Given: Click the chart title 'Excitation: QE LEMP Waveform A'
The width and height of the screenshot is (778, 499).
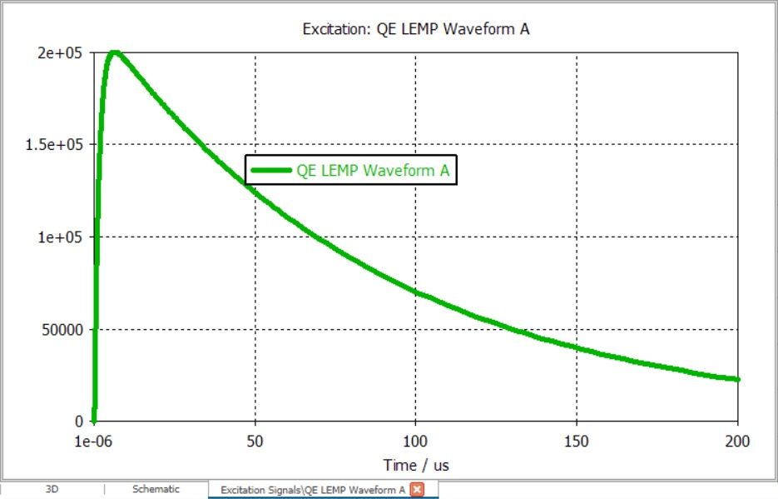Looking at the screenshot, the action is (416, 29).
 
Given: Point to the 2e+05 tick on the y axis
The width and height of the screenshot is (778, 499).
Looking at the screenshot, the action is (60, 52).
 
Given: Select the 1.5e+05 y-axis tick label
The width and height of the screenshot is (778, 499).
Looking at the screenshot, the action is (54, 144).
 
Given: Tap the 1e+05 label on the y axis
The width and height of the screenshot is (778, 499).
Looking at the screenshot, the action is (60, 237).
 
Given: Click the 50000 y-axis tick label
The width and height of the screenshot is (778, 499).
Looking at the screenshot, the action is (62, 330).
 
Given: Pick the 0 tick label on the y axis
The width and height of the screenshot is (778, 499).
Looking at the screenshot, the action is (79, 421).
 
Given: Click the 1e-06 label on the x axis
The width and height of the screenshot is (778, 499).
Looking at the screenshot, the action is (93, 441).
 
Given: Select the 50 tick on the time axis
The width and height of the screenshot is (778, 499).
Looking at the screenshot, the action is (255, 441).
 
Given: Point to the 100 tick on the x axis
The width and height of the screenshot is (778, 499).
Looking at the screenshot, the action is (415, 441).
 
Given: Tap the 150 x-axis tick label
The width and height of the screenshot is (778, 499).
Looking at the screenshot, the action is (577, 441).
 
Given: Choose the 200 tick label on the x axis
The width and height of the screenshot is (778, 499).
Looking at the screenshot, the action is (737, 441).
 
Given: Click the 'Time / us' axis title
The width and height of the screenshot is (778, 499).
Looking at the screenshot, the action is (416, 465).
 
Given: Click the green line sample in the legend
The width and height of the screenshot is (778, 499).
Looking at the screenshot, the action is (271, 170).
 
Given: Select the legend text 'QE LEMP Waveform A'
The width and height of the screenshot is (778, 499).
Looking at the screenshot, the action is (373, 170).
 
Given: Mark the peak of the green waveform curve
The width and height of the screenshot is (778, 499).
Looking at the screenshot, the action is (115, 52).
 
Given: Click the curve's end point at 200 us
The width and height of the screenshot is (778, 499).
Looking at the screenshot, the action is (737, 379).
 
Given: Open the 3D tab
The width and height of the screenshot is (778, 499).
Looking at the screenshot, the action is (52, 489).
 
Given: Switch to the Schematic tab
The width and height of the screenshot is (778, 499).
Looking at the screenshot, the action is (156, 489).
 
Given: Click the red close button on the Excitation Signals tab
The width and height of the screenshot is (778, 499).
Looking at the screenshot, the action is (417, 490).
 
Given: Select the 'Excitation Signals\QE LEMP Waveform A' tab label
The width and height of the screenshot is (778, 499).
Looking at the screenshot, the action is (313, 490).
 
